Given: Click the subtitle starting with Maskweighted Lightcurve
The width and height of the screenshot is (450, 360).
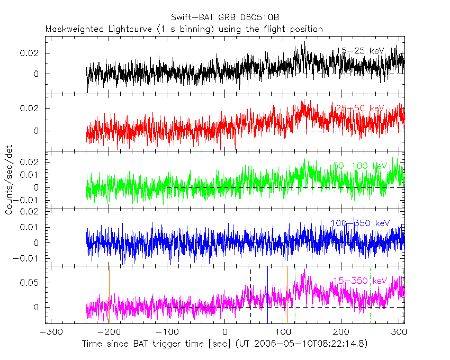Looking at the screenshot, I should [184, 29].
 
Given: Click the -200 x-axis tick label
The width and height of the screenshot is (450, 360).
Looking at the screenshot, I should [108, 332].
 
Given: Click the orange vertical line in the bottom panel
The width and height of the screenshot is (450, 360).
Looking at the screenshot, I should [109, 296].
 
